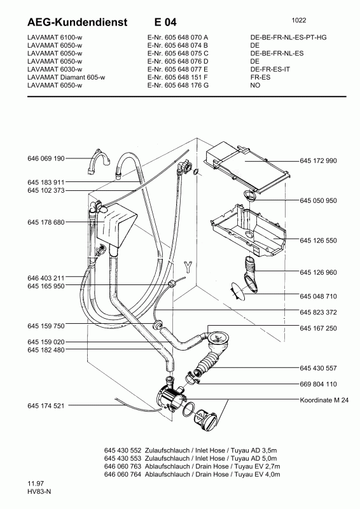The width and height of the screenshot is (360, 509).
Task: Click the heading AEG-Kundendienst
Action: [77, 22]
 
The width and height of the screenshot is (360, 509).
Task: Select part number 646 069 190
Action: [46, 158]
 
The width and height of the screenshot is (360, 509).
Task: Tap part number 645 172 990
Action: [319, 161]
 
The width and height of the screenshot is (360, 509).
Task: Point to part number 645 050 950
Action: [319, 200]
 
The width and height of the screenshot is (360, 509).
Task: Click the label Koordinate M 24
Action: [324, 400]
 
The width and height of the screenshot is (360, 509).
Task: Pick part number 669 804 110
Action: [319, 384]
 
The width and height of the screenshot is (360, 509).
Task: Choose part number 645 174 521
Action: [46, 406]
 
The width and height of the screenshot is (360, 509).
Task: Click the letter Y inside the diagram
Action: [188, 267]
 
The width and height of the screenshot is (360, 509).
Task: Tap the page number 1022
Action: [299, 20]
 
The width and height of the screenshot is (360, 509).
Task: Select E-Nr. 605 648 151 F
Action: [177, 77]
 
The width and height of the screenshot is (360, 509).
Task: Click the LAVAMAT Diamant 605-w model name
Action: [66, 77]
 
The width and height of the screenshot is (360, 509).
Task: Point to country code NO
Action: [256, 85]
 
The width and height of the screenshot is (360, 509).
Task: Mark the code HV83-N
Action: [39, 491]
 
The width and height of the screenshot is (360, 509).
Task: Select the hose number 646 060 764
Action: [123, 475]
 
